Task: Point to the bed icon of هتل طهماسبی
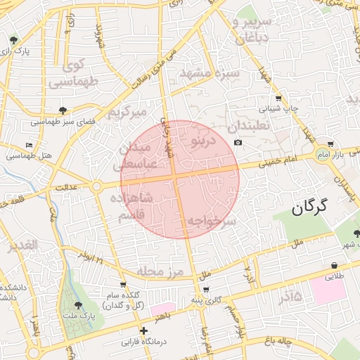[29, 145]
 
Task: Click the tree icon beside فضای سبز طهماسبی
[63, 110]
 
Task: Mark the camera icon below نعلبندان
[238, 143]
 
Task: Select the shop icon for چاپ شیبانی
[279, 98]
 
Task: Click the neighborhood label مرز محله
[160, 271]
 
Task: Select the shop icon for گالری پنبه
[205, 289]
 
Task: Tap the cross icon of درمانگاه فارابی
[143, 330]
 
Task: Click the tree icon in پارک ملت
[77, 305]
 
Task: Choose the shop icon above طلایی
[334, 265]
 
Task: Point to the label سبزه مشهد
[210, 73]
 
